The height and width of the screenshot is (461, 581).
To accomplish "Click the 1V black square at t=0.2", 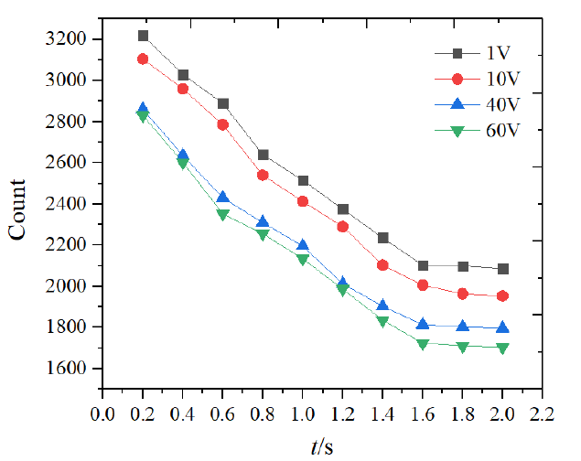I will pos(143,36).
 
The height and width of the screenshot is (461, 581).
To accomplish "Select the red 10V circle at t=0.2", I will pos(143,59).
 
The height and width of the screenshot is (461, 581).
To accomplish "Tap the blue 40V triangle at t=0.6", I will pos(223,198).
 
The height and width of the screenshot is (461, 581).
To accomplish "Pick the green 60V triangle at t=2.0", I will pos(503,348).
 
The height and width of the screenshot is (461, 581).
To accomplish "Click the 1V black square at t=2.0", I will pos(503,269).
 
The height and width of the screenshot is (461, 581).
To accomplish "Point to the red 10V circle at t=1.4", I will pos(383,265).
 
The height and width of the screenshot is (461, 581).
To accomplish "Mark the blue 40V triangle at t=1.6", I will pos(423,324).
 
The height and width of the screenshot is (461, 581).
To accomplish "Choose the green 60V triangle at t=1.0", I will pos(303,260).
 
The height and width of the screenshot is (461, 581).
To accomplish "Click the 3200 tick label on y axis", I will pos(67,39).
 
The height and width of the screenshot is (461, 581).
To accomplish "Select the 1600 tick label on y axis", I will pos(67,369).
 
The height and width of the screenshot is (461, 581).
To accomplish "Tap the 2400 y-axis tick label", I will pos(67,204).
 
